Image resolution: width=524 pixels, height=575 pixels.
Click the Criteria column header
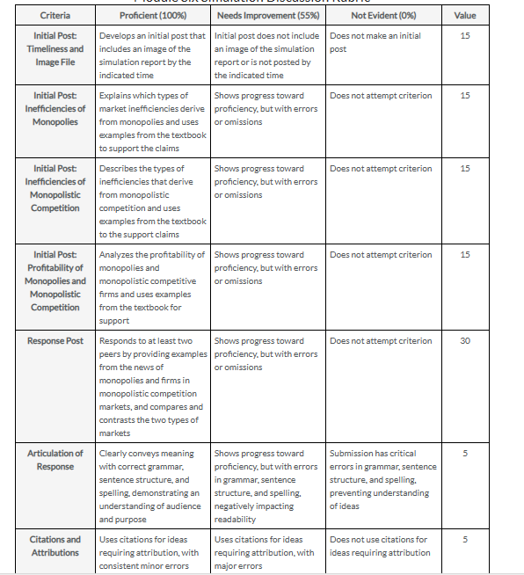pos(55,16)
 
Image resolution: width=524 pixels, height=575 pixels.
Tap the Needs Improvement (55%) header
pos(267,16)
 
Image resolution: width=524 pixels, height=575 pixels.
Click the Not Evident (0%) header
pos(382,16)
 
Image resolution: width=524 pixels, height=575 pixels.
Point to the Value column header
pos(464,16)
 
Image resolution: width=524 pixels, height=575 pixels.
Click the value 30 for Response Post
pos(465,341)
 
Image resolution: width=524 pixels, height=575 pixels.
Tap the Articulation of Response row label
pos(55,460)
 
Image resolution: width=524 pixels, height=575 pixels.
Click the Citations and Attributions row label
pos(55,546)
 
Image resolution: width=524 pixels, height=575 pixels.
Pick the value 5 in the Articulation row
pos(465,454)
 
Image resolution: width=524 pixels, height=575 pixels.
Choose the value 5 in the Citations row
pos(465,540)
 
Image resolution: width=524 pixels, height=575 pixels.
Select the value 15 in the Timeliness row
pos(465,36)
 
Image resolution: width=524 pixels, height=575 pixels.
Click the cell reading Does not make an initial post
pos(375,42)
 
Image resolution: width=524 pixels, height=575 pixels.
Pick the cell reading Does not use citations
pos(380,546)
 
